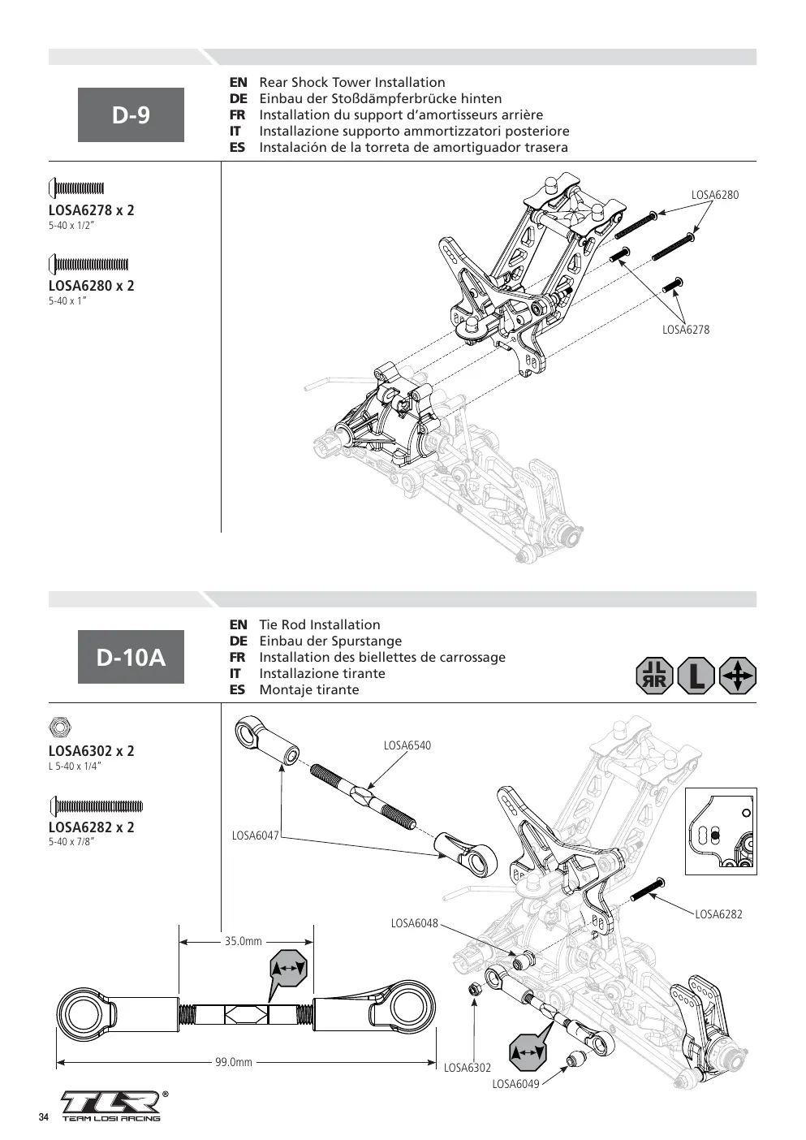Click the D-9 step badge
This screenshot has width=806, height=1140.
131,114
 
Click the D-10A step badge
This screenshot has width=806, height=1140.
131,657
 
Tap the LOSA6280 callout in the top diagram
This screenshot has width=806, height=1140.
714,195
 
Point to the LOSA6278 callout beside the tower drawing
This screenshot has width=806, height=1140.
685,330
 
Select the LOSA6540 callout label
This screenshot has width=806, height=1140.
407,745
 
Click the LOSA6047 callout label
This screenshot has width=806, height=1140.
256,836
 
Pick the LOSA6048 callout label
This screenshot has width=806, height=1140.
414,923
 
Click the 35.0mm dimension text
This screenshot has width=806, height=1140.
244,941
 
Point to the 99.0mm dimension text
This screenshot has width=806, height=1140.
234,1062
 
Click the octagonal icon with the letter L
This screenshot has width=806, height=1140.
696,676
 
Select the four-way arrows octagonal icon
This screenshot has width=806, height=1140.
738,676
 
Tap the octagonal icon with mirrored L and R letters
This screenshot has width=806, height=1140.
654,676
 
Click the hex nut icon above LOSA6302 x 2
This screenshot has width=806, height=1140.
60,727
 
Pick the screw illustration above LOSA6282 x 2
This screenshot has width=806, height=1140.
96,806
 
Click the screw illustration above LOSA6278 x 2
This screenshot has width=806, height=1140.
76,188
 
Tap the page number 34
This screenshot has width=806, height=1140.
44,1117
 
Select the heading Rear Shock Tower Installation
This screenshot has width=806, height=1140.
352,83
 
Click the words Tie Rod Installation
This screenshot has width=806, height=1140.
320,624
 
